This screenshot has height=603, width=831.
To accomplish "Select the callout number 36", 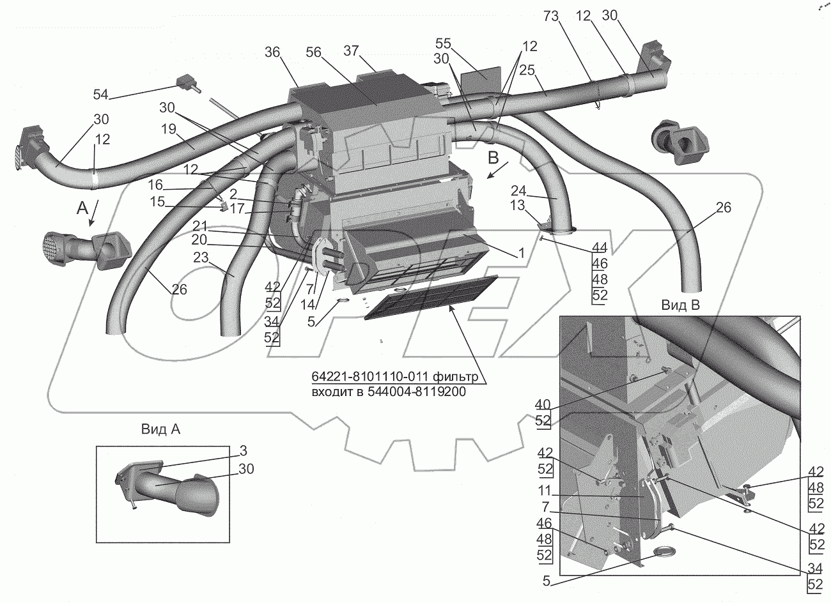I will (x=273, y=52).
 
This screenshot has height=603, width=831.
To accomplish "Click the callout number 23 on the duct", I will (x=201, y=257).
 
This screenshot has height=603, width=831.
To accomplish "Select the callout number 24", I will (x=518, y=190).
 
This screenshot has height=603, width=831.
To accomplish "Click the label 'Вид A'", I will (x=161, y=430).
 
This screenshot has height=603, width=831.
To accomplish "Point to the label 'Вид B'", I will (x=681, y=305).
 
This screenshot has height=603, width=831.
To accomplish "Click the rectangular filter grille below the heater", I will (x=428, y=301).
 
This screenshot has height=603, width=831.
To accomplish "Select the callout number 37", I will (x=351, y=50).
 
